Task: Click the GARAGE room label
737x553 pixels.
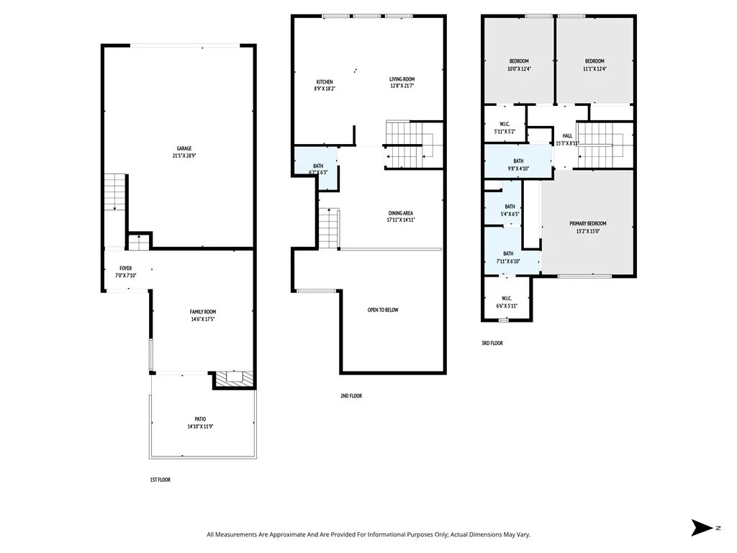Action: [x=178, y=148]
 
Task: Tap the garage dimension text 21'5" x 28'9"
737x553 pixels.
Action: [x=178, y=156]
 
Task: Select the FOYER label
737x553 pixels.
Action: [x=125, y=268]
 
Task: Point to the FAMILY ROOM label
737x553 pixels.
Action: [x=203, y=312]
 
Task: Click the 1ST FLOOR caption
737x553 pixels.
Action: [x=160, y=480]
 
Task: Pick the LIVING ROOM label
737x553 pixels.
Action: [x=402, y=79]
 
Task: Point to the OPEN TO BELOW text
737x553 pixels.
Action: [x=383, y=310]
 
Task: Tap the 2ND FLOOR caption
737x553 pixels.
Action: [x=351, y=396]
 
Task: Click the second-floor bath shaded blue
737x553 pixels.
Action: [x=316, y=169]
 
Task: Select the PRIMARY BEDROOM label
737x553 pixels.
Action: [x=587, y=224]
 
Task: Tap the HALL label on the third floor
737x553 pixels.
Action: [x=567, y=135]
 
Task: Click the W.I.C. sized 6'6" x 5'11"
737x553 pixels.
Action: [x=507, y=302]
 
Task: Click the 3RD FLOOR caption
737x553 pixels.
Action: [x=492, y=343]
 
